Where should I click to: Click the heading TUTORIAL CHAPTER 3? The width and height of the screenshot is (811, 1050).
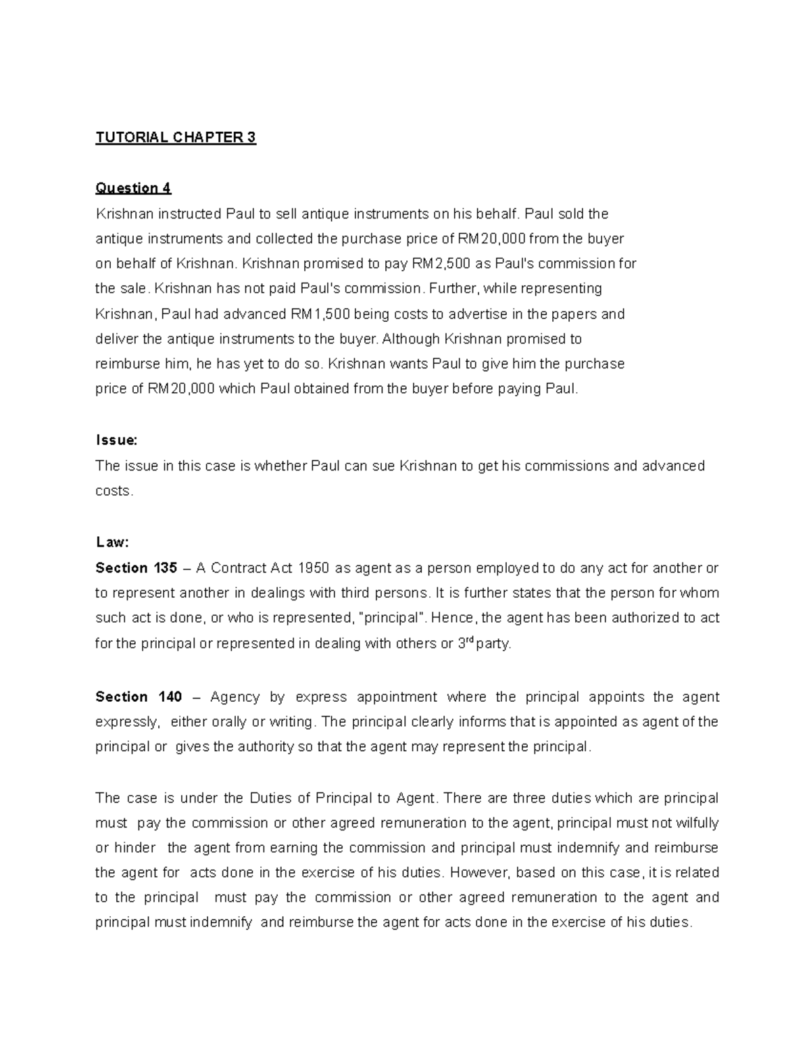176,138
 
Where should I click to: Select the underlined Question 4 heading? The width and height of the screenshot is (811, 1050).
133,188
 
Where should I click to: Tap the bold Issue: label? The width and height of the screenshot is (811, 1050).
116,440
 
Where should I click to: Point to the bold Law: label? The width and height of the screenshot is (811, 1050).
112,542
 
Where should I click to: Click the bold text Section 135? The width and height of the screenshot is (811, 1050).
136,568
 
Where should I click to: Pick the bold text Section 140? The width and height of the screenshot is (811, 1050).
139,697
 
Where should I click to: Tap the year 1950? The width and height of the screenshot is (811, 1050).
314,568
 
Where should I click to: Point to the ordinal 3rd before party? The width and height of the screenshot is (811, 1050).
466,643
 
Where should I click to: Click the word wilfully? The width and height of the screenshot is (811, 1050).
695,823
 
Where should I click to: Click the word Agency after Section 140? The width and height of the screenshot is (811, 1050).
235,697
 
